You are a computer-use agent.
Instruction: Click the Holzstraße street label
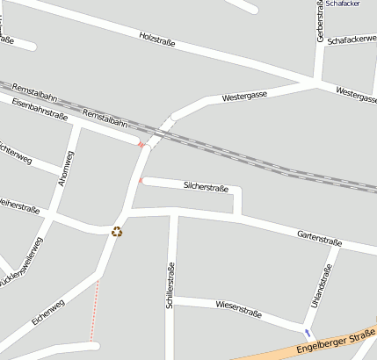(x=157, y=39)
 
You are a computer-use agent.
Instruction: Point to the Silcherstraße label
(x=207, y=187)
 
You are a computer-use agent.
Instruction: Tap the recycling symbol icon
(x=117, y=232)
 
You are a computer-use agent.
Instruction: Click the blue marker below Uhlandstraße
(x=307, y=333)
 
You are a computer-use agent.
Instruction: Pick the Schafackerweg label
(x=351, y=40)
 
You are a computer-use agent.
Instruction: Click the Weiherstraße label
(x=19, y=206)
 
